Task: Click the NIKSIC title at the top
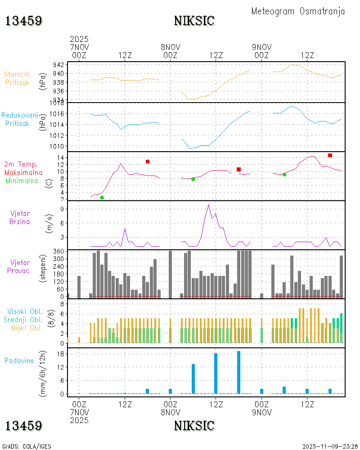pyautogui.click(x=194, y=21)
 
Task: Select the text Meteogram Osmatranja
pyautogui.click(x=298, y=11)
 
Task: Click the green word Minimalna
pyautogui.click(x=22, y=181)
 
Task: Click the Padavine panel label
pyautogui.click(x=19, y=360)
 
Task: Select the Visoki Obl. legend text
pyautogui.click(x=25, y=311)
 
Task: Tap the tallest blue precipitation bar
pyautogui.click(x=238, y=372)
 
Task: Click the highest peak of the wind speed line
pyautogui.click(x=208, y=205)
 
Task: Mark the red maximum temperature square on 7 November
pyautogui.click(x=148, y=162)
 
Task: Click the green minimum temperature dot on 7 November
pyautogui.click(x=102, y=198)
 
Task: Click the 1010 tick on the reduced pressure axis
pyautogui.click(x=58, y=146)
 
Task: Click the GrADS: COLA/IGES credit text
pyautogui.click(x=27, y=446)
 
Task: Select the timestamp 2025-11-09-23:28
pyautogui.click(x=330, y=446)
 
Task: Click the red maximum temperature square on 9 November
pyautogui.click(x=330, y=155)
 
